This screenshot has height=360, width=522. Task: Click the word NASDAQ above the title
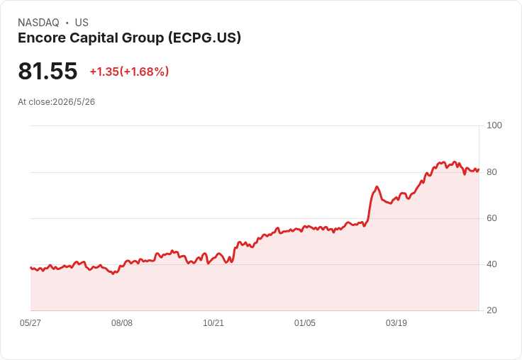[38, 23]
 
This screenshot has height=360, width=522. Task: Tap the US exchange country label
[82, 23]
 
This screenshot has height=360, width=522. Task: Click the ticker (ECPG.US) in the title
[204, 38]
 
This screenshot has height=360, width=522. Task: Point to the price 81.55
[48, 71]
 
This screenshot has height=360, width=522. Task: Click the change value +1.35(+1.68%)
[129, 72]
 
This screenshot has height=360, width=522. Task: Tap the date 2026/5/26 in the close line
[74, 102]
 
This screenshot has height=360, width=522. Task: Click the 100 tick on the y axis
[494, 125]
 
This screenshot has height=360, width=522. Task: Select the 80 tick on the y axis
[492, 172]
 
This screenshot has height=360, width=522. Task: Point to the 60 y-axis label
[492, 218]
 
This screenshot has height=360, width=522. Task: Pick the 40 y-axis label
[492, 264]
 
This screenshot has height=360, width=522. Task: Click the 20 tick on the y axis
[492, 310]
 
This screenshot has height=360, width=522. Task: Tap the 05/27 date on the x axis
[30, 323]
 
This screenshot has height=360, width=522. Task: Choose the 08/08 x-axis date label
[122, 323]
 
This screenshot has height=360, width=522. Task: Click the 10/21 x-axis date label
[213, 323]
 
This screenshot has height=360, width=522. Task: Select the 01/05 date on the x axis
[304, 323]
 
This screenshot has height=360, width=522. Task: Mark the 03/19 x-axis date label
[396, 323]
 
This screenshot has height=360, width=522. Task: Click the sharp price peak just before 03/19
[377, 186]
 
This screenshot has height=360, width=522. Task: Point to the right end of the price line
[479, 169]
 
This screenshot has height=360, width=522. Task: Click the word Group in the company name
[143, 38]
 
